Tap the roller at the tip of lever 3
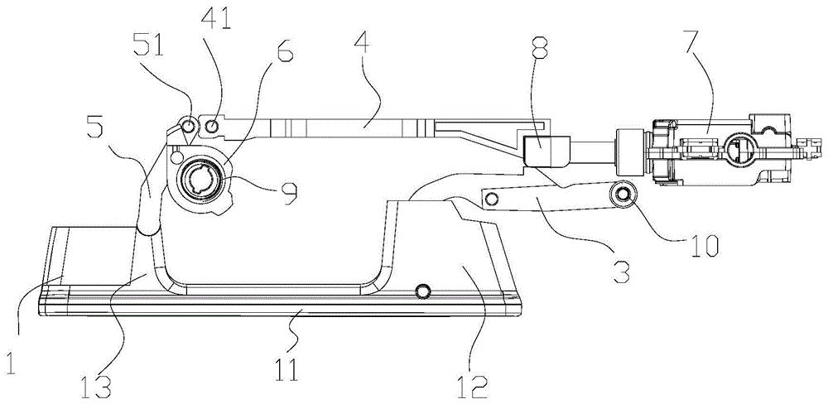pos(623,195)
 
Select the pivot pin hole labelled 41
pos(212,126)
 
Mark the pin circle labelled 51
pos(188,126)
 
